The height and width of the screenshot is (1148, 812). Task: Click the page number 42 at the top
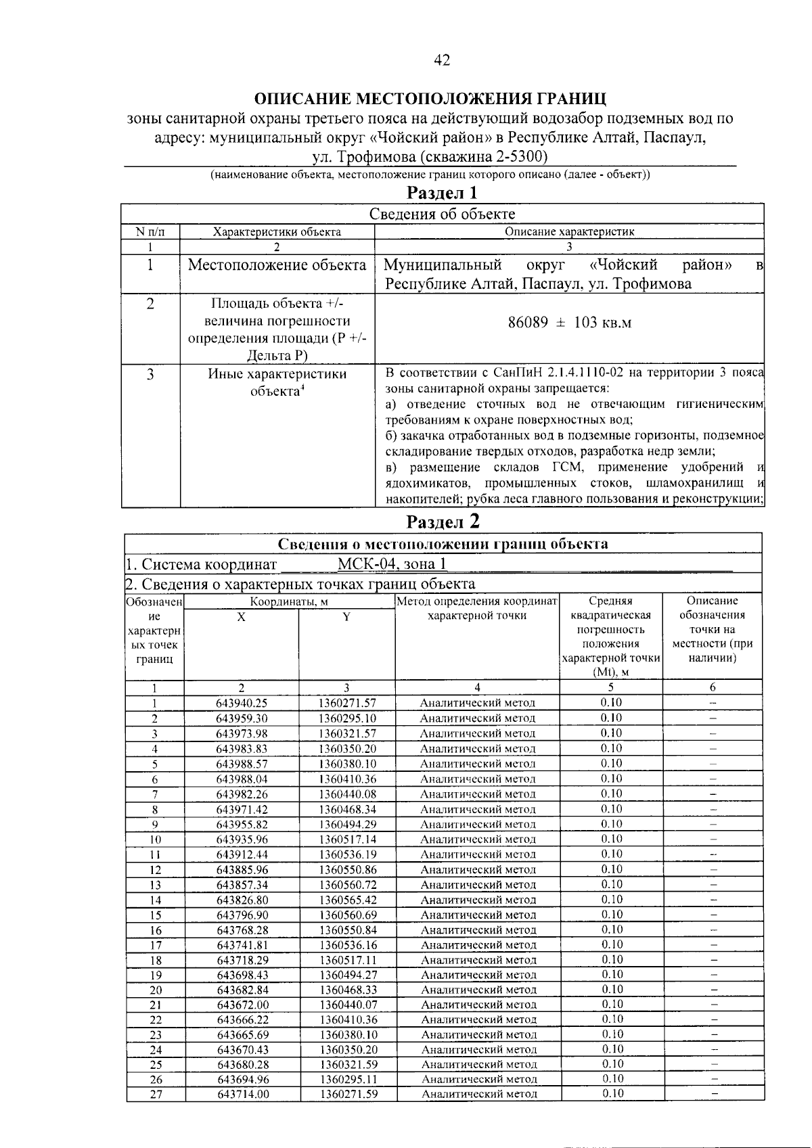[442, 60]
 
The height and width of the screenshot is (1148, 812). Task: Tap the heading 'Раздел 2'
[443, 522]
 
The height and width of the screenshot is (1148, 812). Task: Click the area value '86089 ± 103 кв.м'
[569, 323]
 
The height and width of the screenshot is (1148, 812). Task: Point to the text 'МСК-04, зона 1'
[392, 564]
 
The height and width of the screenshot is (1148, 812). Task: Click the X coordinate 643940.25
[242, 703]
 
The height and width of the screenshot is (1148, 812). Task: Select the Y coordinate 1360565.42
[347, 900]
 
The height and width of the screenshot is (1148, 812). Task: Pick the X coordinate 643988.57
[242, 764]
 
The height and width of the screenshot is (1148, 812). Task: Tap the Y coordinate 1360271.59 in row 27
[347, 1094]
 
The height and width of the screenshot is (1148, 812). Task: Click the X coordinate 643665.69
[242, 1034]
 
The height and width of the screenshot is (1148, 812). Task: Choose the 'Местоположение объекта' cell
[277, 265]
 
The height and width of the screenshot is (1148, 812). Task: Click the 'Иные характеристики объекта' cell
[277, 382]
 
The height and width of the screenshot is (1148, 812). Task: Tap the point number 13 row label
[155, 885]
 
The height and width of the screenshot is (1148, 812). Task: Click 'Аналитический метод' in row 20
[478, 990]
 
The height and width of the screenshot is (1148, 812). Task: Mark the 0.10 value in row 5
[611, 763]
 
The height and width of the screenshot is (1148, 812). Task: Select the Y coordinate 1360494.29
[347, 824]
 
